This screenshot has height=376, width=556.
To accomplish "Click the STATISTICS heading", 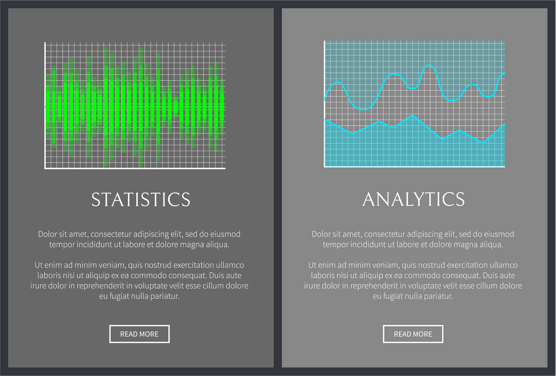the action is [x=141, y=200].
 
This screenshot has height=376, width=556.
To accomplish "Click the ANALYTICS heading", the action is [x=413, y=199].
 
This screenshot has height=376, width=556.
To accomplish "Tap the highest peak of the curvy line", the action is [x=429, y=65].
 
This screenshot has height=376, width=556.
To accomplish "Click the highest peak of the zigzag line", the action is [x=412, y=115].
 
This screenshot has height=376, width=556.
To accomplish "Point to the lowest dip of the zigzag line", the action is [x=483, y=143].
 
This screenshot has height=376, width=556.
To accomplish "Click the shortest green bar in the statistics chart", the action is [x=176, y=107].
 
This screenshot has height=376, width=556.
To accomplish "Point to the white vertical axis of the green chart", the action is [x=45, y=105].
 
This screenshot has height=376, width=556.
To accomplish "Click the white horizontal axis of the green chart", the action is [x=135, y=168].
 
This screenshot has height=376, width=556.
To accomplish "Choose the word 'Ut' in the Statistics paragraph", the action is [x=39, y=265].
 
